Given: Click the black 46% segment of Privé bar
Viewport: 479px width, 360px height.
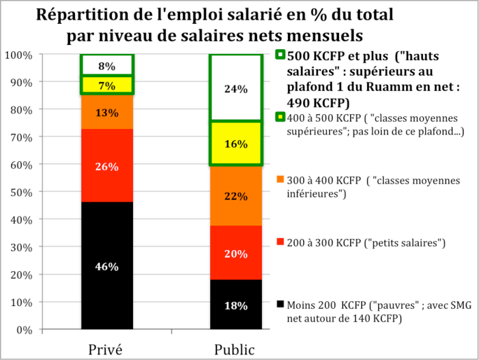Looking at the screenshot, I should pyautogui.click(x=107, y=266).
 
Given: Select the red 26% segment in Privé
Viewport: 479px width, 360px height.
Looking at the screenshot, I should pyautogui.click(x=107, y=167).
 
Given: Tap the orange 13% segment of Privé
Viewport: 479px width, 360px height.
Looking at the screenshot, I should pyautogui.click(x=107, y=112).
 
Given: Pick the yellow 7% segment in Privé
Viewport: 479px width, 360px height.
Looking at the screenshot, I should pyautogui.click(x=107, y=85).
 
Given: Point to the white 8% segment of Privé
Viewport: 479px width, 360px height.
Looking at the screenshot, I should pyautogui.click(x=107, y=66).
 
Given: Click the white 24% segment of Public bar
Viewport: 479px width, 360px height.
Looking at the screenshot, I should pyautogui.click(x=236, y=88).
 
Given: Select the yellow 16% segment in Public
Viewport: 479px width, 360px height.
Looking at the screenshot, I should pyautogui.click(x=236, y=144).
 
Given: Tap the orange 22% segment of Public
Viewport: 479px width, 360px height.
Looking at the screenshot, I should pyautogui.click(x=236, y=196).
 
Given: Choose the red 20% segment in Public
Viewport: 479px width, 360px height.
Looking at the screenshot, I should pyautogui.click(x=236, y=254).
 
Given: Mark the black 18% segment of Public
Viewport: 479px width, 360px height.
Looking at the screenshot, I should pyautogui.click(x=236, y=305).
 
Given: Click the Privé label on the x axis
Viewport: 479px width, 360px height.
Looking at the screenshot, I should pyautogui.click(x=107, y=349).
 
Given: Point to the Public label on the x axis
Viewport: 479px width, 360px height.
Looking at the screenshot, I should pyautogui.click(x=235, y=349).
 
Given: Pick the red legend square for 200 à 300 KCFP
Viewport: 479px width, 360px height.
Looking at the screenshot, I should pyautogui.click(x=281, y=242).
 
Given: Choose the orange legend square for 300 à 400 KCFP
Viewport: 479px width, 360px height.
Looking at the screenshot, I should pyautogui.click(x=281, y=180).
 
